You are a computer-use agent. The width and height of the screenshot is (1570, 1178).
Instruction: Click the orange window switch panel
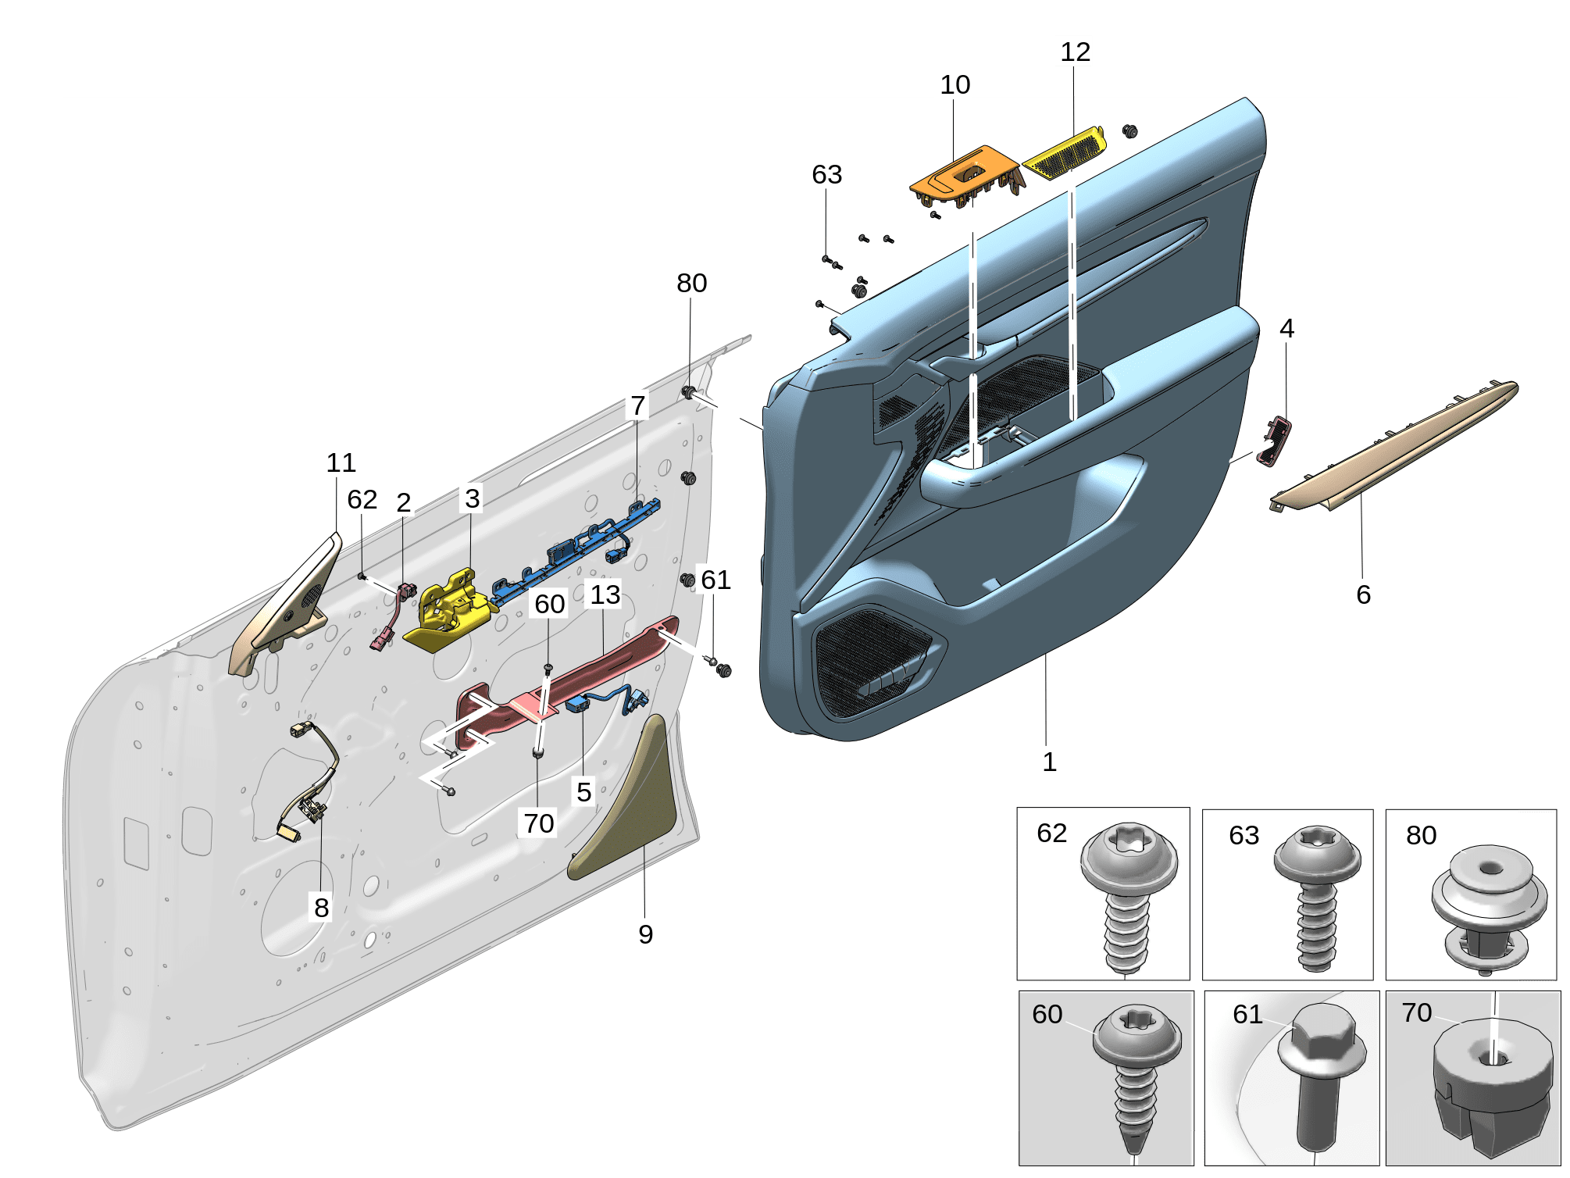[x=965, y=177]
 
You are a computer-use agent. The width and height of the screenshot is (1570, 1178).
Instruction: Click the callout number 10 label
[x=954, y=84]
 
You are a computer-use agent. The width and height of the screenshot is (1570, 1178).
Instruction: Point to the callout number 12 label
[x=1075, y=52]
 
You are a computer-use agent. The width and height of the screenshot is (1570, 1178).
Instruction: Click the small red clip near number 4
[x=1274, y=441]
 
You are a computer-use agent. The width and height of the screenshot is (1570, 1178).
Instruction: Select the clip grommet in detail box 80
[x=1488, y=906]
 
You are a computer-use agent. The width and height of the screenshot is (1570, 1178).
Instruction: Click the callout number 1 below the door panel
[x=1049, y=762]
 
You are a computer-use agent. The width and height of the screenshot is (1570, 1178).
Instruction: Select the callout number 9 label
[x=645, y=934]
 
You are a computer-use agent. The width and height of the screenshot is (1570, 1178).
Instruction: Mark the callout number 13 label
[x=605, y=594]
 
